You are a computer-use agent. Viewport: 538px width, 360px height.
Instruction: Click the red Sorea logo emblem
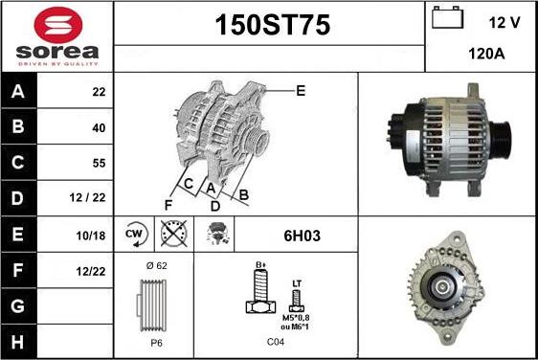[58, 25]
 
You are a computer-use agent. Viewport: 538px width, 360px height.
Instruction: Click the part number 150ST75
[273, 25]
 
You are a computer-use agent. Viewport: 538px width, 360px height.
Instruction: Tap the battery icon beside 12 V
[447, 17]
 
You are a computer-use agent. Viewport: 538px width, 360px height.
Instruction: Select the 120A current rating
[486, 54]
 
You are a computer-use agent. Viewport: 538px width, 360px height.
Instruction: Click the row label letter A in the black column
[18, 92]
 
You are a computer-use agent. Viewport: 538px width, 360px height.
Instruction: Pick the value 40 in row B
[99, 128]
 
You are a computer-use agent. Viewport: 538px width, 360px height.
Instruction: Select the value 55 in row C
[99, 163]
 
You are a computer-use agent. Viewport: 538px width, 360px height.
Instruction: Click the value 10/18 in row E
[91, 236]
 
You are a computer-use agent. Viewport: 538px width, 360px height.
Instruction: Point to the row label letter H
[18, 342]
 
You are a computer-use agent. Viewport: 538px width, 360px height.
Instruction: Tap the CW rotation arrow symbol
[135, 235]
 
